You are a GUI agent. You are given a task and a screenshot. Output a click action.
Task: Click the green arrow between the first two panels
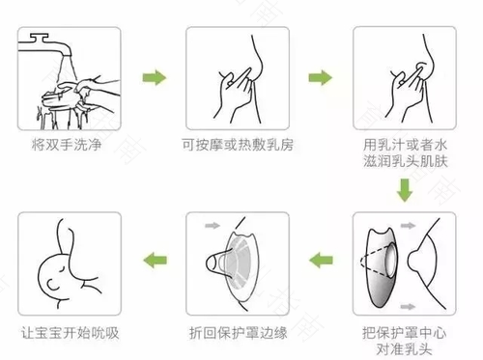coord(151,75)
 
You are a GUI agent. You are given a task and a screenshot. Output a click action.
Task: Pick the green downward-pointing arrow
coord(404,196)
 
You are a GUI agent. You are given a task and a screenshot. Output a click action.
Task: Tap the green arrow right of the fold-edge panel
coord(320,258)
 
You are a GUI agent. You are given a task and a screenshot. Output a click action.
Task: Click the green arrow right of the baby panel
coord(152,258)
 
